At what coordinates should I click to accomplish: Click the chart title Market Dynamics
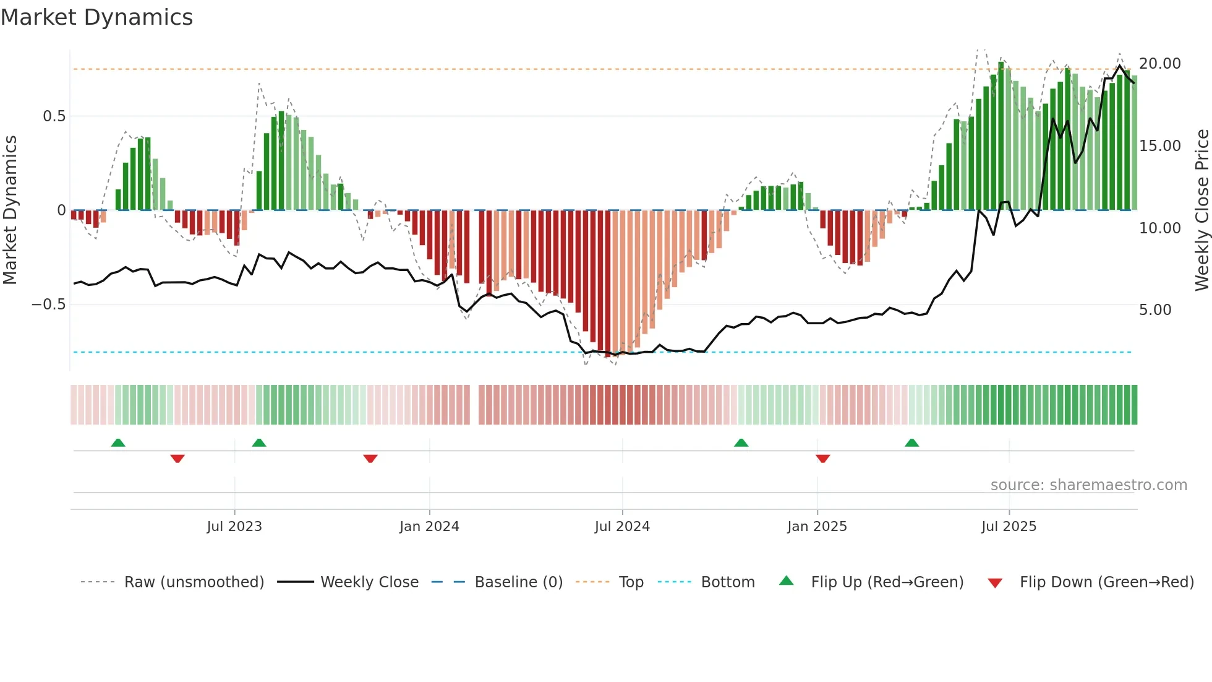tap(96, 17)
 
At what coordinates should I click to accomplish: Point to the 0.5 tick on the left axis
tap(54, 116)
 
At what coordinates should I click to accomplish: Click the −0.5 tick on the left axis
tap(48, 304)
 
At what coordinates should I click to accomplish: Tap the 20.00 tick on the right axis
tap(1159, 64)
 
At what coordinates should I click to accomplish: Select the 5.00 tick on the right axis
tap(1154, 310)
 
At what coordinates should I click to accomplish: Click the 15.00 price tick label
tap(1159, 146)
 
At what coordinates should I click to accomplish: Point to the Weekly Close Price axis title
tap(1201, 210)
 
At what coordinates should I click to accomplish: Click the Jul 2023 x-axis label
tap(234, 527)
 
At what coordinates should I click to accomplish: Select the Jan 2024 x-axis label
tap(429, 527)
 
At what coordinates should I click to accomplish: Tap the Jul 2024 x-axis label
tap(622, 527)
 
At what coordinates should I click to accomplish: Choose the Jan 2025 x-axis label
tap(817, 527)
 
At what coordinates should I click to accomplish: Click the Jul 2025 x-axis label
tap(1009, 527)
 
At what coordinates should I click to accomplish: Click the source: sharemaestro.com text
tap(1088, 485)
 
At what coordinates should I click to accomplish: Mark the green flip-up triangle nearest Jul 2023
tap(259, 443)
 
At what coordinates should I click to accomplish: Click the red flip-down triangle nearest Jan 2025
tap(822, 459)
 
